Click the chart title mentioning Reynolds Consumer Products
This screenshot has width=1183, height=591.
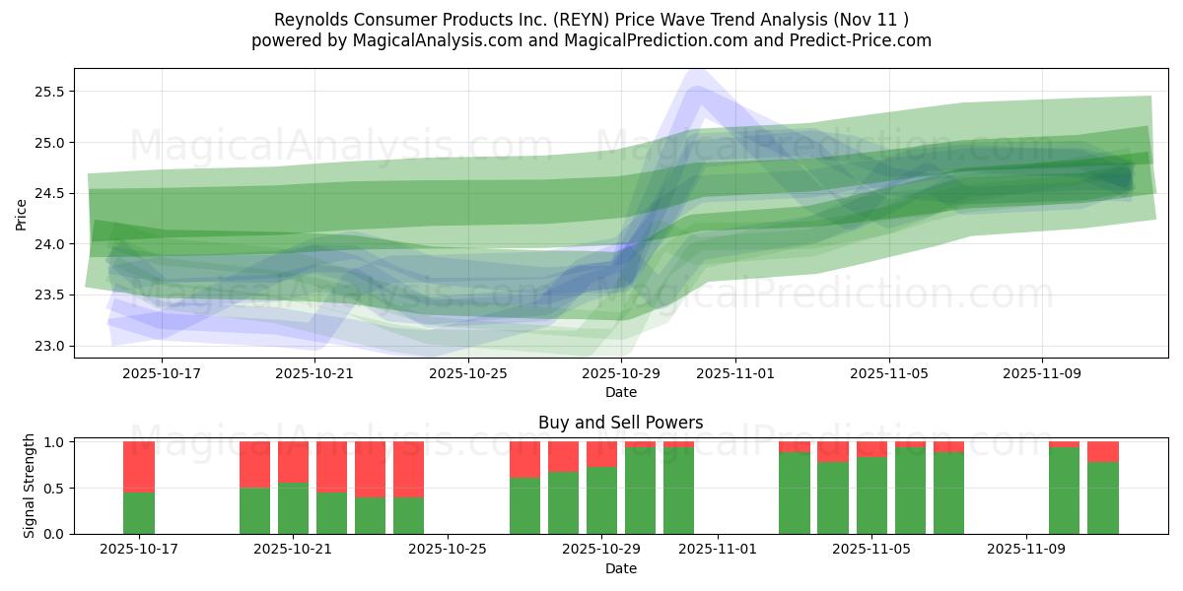[x=591, y=19]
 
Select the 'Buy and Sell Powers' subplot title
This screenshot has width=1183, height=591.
[x=620, y=423]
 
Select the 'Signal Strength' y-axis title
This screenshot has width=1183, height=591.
[x=30, y=486]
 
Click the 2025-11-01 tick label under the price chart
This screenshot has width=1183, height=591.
[x=735, y=373]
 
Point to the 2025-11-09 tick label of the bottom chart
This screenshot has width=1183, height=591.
[x=1026, y=550]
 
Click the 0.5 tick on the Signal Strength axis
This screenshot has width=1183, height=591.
[x=53, y=488]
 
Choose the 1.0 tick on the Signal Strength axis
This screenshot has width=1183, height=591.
[x=53, y=442]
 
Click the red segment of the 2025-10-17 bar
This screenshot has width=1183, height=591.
[x=139, y=466]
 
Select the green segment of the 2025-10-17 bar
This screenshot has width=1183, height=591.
[x=139, y=512]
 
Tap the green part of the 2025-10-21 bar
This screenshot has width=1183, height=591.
[x=294, y=507]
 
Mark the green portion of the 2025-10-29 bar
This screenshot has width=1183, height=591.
[x=601, y=500]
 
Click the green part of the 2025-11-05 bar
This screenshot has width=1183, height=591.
[x=871, y=495]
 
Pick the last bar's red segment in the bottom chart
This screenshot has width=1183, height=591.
[x=1103, y=451]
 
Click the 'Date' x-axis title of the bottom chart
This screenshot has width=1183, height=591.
[x=620, y=568]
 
